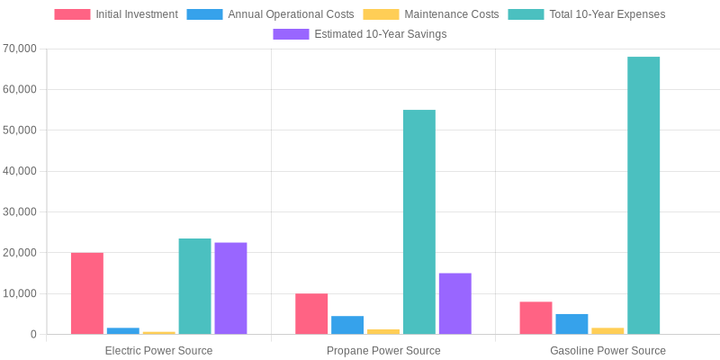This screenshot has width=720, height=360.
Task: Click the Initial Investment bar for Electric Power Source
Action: [x=87, y=293]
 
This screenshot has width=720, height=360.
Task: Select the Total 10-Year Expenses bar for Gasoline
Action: [x=643, y=195]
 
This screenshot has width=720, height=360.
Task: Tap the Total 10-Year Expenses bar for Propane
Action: [x=419, y=222]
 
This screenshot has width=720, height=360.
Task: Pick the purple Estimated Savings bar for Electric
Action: [x=230, y=288]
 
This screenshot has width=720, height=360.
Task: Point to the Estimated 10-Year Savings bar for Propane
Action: [x=455, y=303]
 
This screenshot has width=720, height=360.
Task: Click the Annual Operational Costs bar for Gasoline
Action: [x=571, y=324]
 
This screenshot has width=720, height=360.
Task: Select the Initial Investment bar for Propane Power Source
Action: [x=311, y=314]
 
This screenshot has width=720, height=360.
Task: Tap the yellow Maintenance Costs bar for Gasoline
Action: [x=607, y=331]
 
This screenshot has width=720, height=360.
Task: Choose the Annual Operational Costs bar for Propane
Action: [x=347, y=325]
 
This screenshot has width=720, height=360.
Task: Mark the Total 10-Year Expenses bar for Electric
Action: [x=194, y=286]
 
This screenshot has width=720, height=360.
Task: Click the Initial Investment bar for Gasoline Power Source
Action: [x=535, y=318]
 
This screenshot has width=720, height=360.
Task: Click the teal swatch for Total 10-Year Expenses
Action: [x=526, y=14]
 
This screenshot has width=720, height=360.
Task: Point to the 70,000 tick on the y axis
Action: [x=21, y=49]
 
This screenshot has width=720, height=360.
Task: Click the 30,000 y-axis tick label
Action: [x=21, y=211]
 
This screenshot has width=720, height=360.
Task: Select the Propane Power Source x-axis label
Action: [x=383, y=350]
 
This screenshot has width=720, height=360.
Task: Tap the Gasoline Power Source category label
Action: [x=607, y=350]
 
